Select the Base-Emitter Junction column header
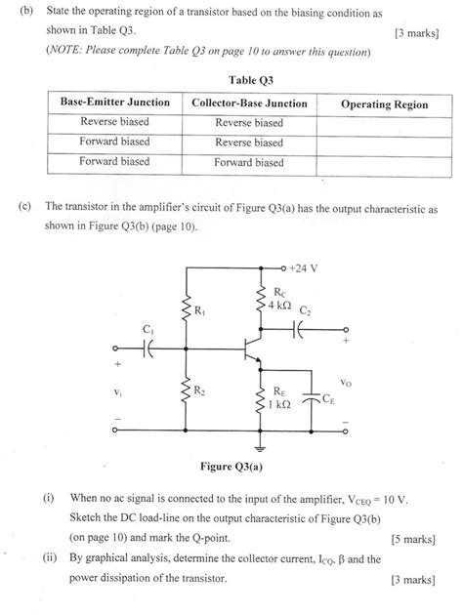coord(115,102)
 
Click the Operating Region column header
coord(384,103)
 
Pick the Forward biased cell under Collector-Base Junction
coord(249,163)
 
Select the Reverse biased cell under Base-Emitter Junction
coord(114,123)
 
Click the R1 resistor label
coord(200,311)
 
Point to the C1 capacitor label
coord(148,330)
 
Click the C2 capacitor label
coord(306,310)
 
